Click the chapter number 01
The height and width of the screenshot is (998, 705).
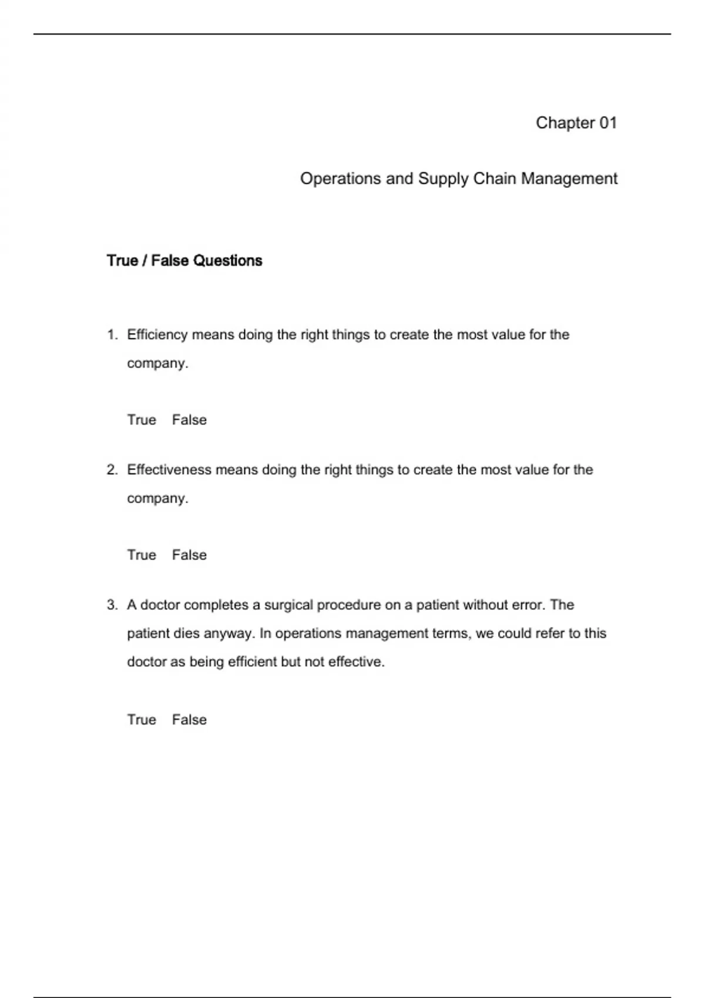point(608,123)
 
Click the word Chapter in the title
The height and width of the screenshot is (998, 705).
point(565,123)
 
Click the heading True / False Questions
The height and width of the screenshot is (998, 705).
point(184,261)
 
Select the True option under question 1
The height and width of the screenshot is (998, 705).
point(142,420)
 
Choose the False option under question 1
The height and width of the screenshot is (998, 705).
point(189,420)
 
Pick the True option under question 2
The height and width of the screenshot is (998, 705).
point(142,555)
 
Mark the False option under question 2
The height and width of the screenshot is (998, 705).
point(189,555)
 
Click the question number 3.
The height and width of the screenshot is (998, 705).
point(112,605)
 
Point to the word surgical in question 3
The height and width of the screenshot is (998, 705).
point(288,605)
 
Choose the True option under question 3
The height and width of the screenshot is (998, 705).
point(142,720)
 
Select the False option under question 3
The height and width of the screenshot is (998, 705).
point(189,720)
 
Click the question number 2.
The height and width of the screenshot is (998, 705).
point(112,470)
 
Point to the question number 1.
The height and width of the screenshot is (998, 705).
point(112,335)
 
